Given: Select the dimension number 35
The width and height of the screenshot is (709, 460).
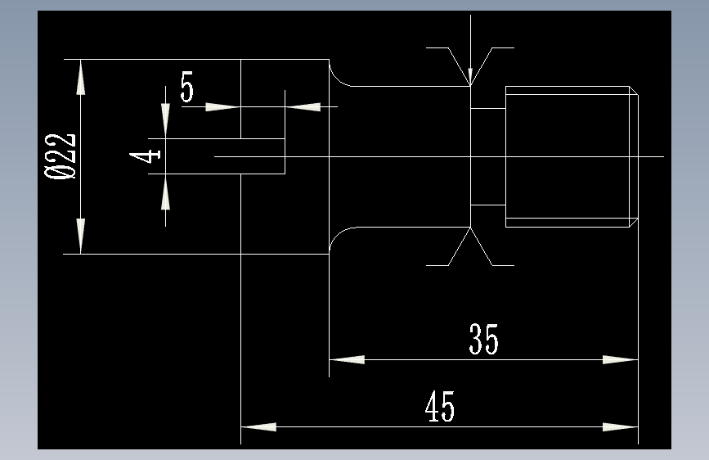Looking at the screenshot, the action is pyautogui.click(x=483, y=339).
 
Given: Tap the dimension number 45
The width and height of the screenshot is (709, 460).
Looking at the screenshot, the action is pyautogui.click(x=440, y=407).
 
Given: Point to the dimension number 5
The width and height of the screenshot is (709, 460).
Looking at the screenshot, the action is pyautogui.click(x=187, y=87).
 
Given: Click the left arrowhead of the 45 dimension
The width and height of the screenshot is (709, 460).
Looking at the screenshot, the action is pyautogui.click(x=258, y=426).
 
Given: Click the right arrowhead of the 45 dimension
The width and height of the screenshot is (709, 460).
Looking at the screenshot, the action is pyautogui.click(x=620, y=426).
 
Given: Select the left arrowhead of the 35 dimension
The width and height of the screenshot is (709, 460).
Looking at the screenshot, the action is pyautogui.click(x=347, y=359).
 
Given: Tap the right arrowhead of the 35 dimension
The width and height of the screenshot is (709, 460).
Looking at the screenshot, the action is pyautogui.click(x=620, y=359).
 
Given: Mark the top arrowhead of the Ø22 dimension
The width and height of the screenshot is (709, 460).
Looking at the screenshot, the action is pyautogui.click(x=80, y=78).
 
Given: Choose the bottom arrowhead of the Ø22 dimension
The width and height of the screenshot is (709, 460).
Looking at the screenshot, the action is pyautogui.click(x=80, y=236).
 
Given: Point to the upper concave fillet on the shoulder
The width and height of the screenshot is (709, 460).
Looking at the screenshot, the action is pyautogui.click(x=338, y=75).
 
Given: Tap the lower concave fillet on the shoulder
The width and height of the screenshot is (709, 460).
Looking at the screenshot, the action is pyautogui.click(x=338, y=237).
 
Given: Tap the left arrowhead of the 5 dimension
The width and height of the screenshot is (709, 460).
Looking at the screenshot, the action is pyautogui.click(x=221, y=106).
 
